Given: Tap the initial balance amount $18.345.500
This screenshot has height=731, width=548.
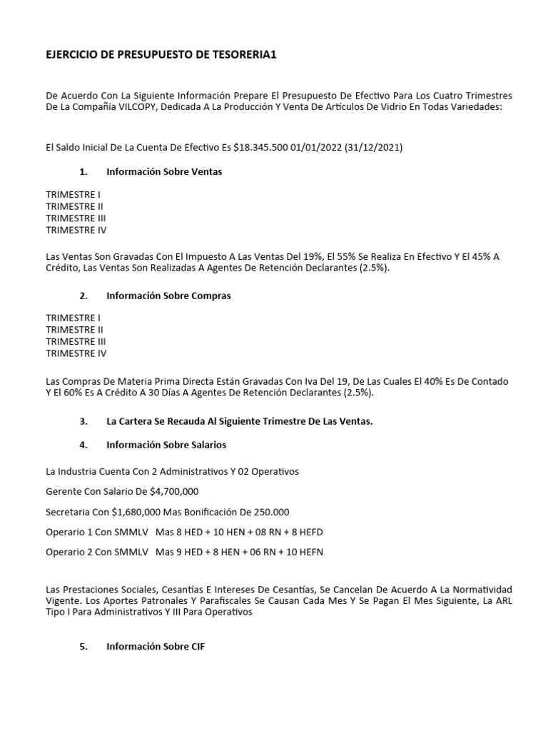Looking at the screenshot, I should point(253,148).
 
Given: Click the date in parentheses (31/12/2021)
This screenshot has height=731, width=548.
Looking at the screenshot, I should point(373,148).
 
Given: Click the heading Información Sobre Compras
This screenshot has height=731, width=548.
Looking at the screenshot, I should point(168,296).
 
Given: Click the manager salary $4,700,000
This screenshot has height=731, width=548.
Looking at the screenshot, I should point(174,491).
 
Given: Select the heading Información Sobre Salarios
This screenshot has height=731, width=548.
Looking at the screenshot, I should point(166,445).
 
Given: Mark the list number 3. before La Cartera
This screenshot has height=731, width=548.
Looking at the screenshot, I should point(83,421).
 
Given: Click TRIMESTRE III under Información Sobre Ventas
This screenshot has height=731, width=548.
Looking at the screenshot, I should point(76,218).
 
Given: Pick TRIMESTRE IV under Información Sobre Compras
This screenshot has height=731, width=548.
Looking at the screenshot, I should point(76,353).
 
